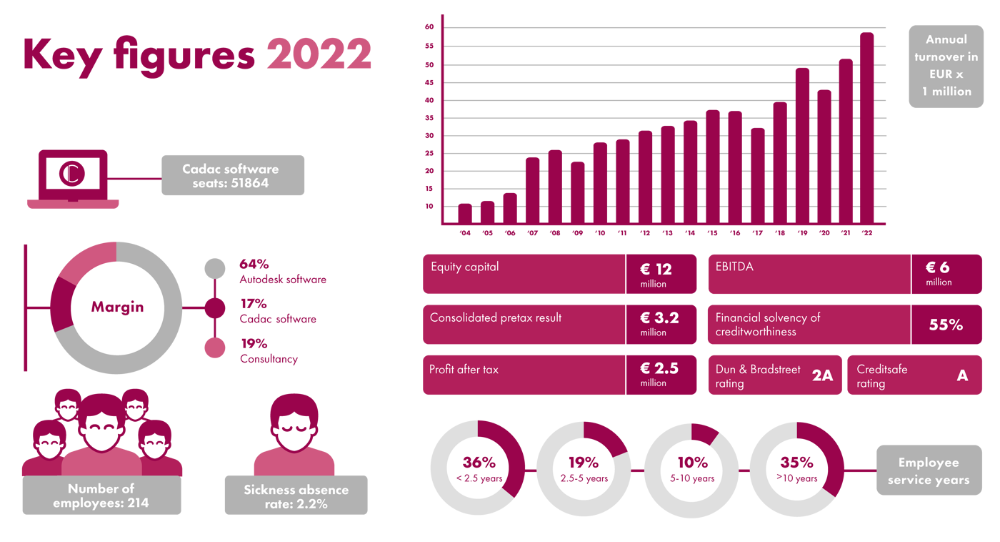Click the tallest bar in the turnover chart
click(866, 129)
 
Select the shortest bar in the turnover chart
click(464, 213)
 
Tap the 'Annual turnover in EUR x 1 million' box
click(946, 66)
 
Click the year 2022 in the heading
click(319, 54)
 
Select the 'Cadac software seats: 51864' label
click(232, 175)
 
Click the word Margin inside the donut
click(117, 307)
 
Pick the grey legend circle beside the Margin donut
click(214, 268)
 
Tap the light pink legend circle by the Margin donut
click(214, 348)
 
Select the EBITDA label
click(734, 267)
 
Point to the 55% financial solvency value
click(946, 325)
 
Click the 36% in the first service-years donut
click(479, 463)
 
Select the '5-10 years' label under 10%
click(693, 478)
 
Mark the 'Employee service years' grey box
click(929, 470)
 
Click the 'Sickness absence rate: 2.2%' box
click(296, 496)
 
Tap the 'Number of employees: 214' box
click(101, 496)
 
